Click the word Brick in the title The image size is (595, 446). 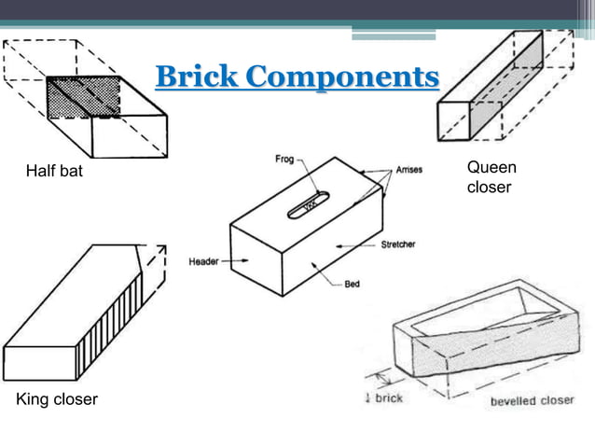pos(194,77)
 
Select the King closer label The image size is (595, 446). pos(57,400)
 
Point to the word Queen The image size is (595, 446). pos(491,168)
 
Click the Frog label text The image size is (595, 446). pos(284,160)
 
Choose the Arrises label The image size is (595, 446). pos(409,170)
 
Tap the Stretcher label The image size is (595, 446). pos(398,244)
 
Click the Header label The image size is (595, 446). pos(203,260)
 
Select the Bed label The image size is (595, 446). pos(353,285)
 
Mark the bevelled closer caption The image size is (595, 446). pos(533,400)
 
